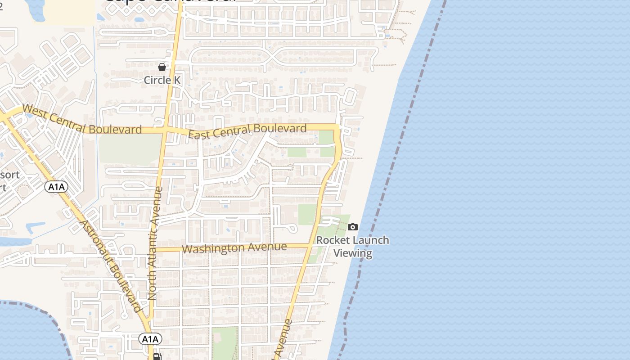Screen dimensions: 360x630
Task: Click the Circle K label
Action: [162, 80]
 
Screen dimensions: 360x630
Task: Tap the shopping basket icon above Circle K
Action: [162, 67]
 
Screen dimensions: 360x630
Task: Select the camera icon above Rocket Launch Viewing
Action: [353, 227]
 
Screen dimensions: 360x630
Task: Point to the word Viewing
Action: [353, 253]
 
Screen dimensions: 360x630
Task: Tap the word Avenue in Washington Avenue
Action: [268, 247]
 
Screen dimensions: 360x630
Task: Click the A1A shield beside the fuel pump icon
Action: [149, 339]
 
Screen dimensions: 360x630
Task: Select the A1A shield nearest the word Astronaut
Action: [56, 187]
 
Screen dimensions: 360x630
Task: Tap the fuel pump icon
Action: [157, 357]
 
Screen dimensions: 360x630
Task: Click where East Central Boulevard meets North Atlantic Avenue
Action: [166, 130]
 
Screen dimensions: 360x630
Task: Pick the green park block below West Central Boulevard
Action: [130, 148]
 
